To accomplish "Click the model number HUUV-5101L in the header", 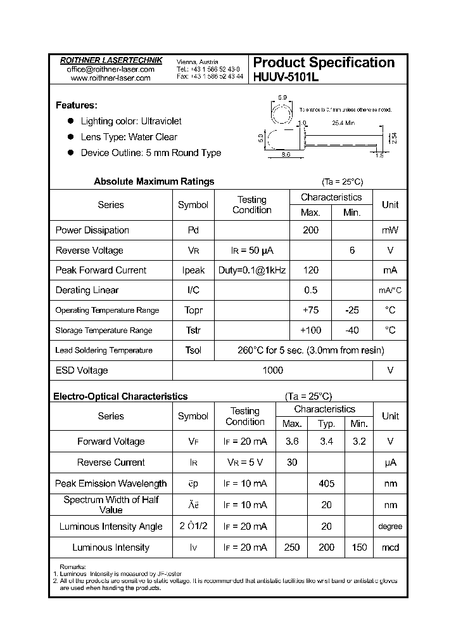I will click(x=286, y=78).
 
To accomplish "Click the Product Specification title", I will click(x=324, y=63).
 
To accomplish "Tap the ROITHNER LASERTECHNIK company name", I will click(x=111, y=60).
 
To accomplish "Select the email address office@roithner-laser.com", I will click(x=111, y=69).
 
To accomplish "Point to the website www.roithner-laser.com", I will click(x=111, y=78).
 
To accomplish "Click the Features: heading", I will click(x=76, y=105).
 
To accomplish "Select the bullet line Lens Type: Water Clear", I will click(x=129, y=137).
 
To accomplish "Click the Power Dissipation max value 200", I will click(x=310, y=230).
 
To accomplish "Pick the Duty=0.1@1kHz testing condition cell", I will click(x=252, y=270).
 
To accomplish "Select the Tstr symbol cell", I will click(x=193, y=330).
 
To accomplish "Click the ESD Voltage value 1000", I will click(x=273, y=370).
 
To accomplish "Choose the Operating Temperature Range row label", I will click(x=107, y=310).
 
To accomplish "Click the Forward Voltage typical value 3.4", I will click(x=326, y=442).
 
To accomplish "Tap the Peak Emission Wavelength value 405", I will click(x=326, y=483).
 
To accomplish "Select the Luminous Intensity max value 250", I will click(x=292, y=547).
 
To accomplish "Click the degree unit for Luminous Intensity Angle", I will click(x=390, y=527).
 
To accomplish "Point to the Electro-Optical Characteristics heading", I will click(x=120, y=396).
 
